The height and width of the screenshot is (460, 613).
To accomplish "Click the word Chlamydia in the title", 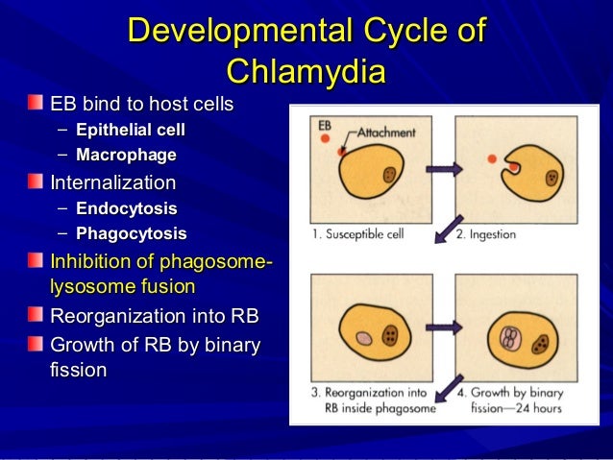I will click(306, 72).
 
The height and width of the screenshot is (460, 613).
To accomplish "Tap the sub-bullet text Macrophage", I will click(126, 154).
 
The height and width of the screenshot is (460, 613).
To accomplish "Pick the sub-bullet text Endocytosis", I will click(127, 207).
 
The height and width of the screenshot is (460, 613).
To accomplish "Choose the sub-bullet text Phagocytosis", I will click(131, 232).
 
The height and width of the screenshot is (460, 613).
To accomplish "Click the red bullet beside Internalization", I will click(36, 182).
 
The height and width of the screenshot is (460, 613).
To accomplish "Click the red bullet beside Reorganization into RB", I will click(36, 316).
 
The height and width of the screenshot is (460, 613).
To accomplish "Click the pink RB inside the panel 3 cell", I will click(363, 339).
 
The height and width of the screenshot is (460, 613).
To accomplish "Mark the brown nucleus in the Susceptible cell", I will click(389, 176).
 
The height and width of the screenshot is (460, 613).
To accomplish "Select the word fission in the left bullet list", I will click(78, 370).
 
